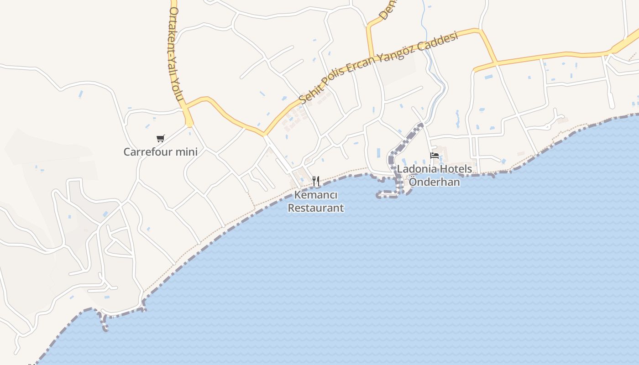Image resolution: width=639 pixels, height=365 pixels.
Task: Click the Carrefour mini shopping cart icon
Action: tap(160, 138)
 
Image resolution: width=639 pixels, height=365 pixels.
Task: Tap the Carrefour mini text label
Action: tap(161, 151)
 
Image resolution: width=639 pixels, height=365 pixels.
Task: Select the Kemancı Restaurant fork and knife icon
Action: tap(316, 181)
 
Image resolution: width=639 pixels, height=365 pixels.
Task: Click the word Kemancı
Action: tap(316, 195)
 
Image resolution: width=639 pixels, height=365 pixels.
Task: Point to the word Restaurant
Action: tap(316, 208)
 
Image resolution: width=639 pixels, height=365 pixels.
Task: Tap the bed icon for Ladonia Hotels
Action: tap(435, 156)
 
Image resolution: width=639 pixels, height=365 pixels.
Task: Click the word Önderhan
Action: tap(434, 182)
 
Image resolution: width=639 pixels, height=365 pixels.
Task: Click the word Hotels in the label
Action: tap(455, 169)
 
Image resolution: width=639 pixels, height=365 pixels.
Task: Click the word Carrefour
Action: tap(150, 151)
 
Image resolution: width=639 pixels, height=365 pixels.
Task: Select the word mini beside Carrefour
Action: tap(187, 151)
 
